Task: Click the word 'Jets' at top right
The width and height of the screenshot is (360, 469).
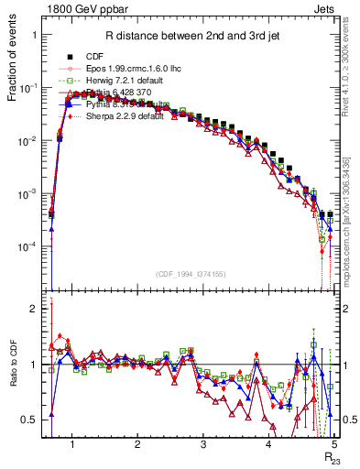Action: tap(324, 7)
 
